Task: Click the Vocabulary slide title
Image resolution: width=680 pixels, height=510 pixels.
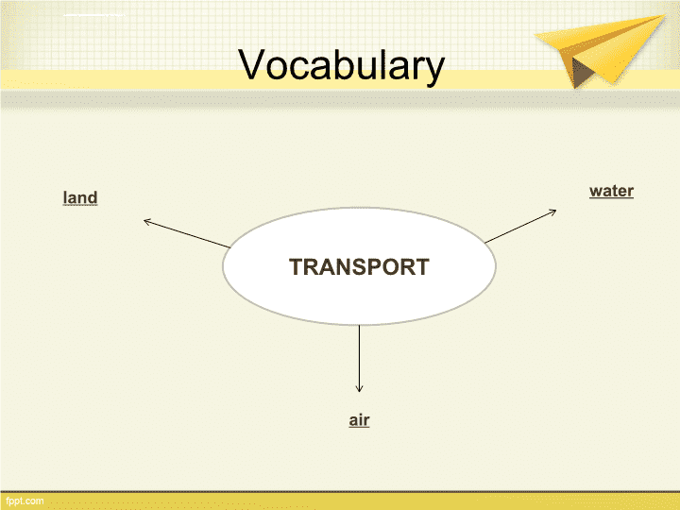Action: pos(341,65)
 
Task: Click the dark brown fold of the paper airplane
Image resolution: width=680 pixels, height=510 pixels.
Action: pos(581,73)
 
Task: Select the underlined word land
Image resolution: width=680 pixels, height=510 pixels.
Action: pos(80,197)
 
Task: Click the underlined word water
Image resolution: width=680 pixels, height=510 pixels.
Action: pos(611,191)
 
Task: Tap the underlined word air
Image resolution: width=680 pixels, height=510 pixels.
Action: pos(359,419)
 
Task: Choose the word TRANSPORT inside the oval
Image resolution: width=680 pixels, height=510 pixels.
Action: pos(359,266)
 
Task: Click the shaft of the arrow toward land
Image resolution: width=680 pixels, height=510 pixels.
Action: pos(187,234)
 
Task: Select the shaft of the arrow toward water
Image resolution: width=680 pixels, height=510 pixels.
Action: pos(520,227)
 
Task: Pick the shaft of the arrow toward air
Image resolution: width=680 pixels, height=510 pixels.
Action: pos(359,358)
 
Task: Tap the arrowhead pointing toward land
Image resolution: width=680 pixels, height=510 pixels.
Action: pos(147,222)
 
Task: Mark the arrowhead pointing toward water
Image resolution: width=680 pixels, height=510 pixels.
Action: pos(552,212)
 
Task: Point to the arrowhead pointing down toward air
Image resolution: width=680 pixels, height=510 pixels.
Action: pos(359,388)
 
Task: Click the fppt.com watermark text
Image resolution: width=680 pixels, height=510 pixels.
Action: pos(25,501)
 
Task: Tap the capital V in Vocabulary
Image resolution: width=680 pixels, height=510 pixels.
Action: pos(251,64)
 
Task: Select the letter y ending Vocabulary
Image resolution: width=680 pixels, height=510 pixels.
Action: pos(434,70)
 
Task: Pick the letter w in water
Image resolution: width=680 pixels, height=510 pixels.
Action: pos(596,192)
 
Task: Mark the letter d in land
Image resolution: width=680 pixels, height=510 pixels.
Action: pos(93,197)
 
